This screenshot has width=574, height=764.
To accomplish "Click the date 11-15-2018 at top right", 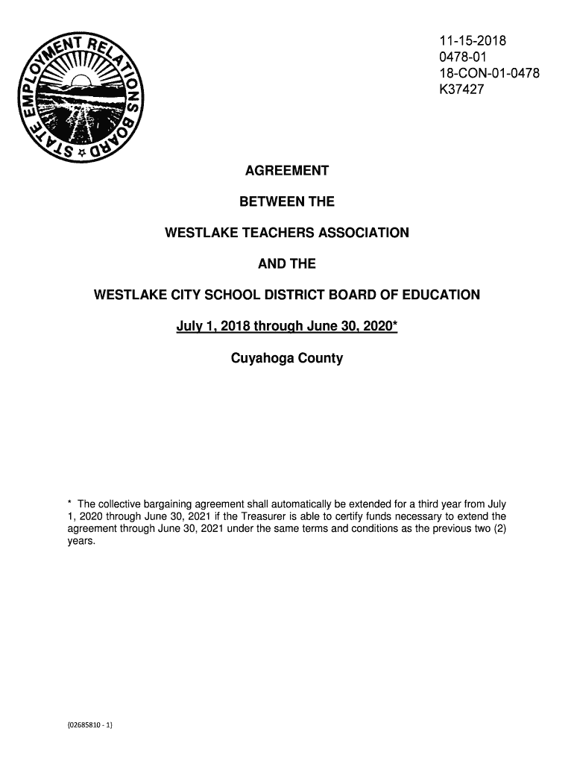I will coord(472,41).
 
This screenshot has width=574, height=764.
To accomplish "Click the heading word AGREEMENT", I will coord(287,172).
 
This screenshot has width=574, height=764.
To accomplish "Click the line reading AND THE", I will coord(287,264).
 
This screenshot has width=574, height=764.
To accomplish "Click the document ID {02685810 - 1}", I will coord(89,723).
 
